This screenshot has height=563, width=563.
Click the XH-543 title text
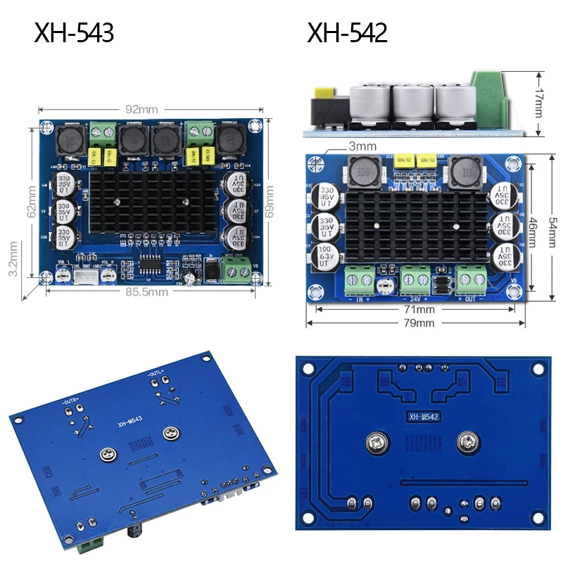(74, 33)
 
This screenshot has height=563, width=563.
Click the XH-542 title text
(347, 33)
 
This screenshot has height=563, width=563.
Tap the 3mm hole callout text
(363, 146)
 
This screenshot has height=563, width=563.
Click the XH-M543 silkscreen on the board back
(132, 424)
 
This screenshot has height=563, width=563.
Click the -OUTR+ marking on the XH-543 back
(72, 401)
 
